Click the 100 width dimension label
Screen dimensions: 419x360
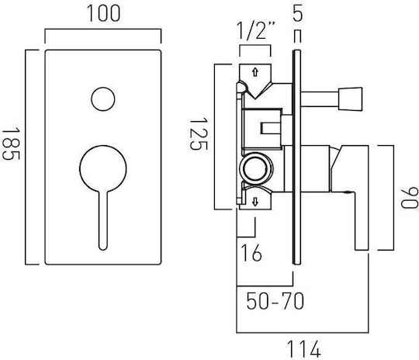click(104, 14)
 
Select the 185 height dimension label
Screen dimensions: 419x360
click(11, 144)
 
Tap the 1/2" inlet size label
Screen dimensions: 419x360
click(256, 31)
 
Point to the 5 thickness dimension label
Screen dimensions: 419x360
click(297, 14)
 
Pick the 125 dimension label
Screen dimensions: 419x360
click(199, 133)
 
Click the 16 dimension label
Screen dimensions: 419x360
click(251, 253)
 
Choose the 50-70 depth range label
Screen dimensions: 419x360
click(275, 301)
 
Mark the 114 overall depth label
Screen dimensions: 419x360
click(303, 349)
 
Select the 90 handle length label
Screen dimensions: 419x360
click(410, 198)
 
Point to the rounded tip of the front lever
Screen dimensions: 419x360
click(103, 247)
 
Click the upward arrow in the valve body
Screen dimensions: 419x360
click(255, 72)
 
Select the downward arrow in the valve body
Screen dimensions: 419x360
click(255, 202)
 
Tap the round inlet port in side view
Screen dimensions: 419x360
click(256, 168)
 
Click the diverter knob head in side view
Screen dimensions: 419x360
click(350, 99)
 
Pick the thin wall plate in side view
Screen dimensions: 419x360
click(297, 157)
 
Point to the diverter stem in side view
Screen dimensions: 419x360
click(320, 99)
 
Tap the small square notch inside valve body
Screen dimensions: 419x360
click(270, 128)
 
